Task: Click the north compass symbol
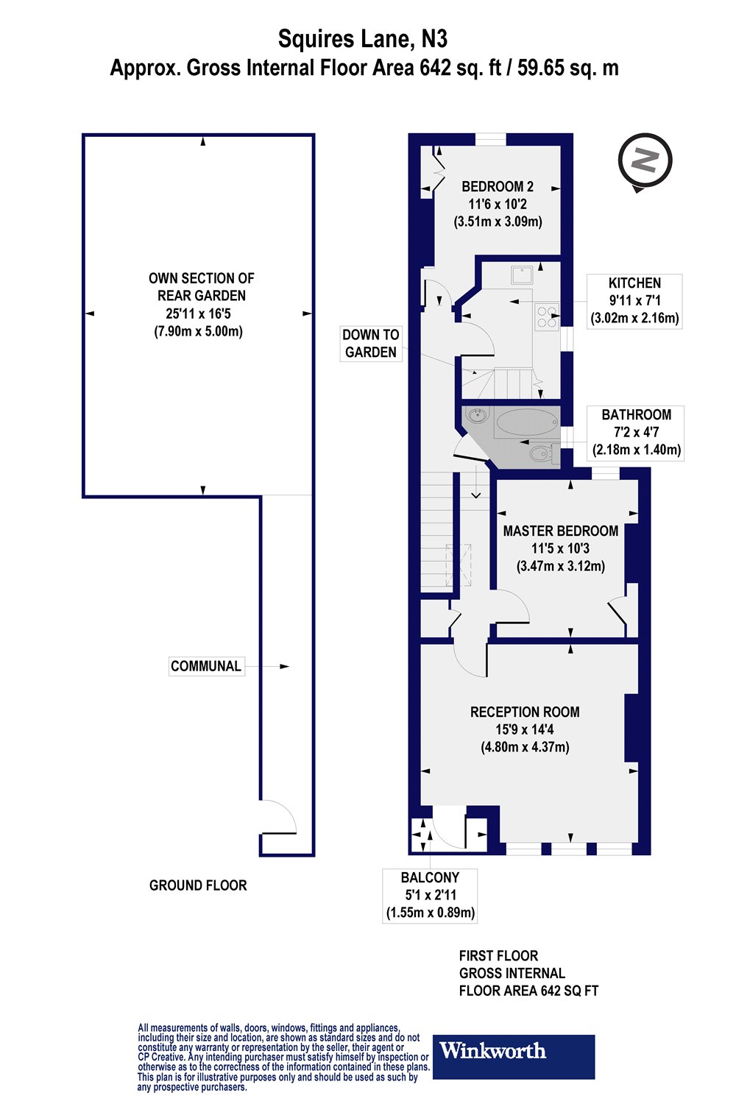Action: click(x=645, y=160)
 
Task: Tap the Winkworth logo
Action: click(x=513, y=1056)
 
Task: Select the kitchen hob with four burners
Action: click(x=547, y=315)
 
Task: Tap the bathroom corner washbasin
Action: click(x=477, y=417)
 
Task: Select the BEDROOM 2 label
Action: click(x=498, y=187)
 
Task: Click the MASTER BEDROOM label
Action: click(x=560, y=531)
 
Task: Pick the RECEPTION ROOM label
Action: click(x=525, y=712)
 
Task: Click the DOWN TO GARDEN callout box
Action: click(x=371, y=344)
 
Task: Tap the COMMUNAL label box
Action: click(x=206, y=666)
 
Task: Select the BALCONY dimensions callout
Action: click(x=431, y=896)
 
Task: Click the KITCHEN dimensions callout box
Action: click(x=634, y=301)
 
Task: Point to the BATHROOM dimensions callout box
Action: click(x=636, y=433)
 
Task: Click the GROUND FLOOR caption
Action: click(x=198, y=885)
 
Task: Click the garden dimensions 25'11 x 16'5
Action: click(x=201, y=314)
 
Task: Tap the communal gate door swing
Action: click(x=278, y=817)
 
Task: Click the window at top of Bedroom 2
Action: click(x=490, y=139)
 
